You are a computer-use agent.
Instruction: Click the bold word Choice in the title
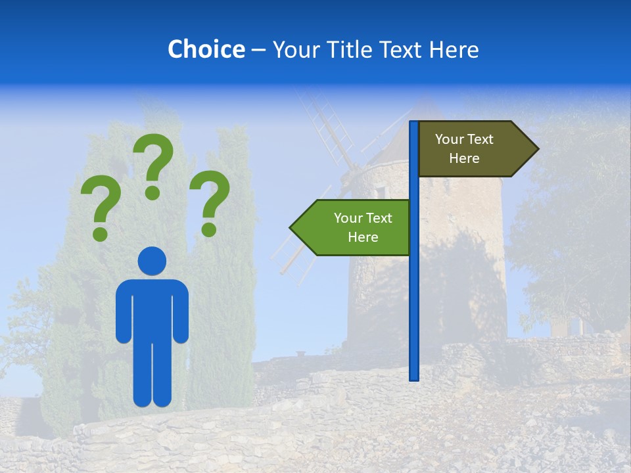[x=206, y=49]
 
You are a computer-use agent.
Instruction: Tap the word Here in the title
[x=454, y=49]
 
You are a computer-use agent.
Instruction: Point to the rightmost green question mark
[x=210, y=202]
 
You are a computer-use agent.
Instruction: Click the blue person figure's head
[x=152, y=261]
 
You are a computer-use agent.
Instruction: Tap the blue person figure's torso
[x=152, y=309]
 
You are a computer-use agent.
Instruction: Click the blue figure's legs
[x=152, y=374]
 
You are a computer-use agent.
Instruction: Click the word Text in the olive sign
[x=480, y=139]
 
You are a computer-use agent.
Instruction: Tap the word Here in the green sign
[x=363, y=237]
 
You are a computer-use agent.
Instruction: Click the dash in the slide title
[x=258, y=50]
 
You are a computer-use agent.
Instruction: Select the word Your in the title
[x=293, y=49]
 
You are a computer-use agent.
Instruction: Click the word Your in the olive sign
[x=450, y=139]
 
